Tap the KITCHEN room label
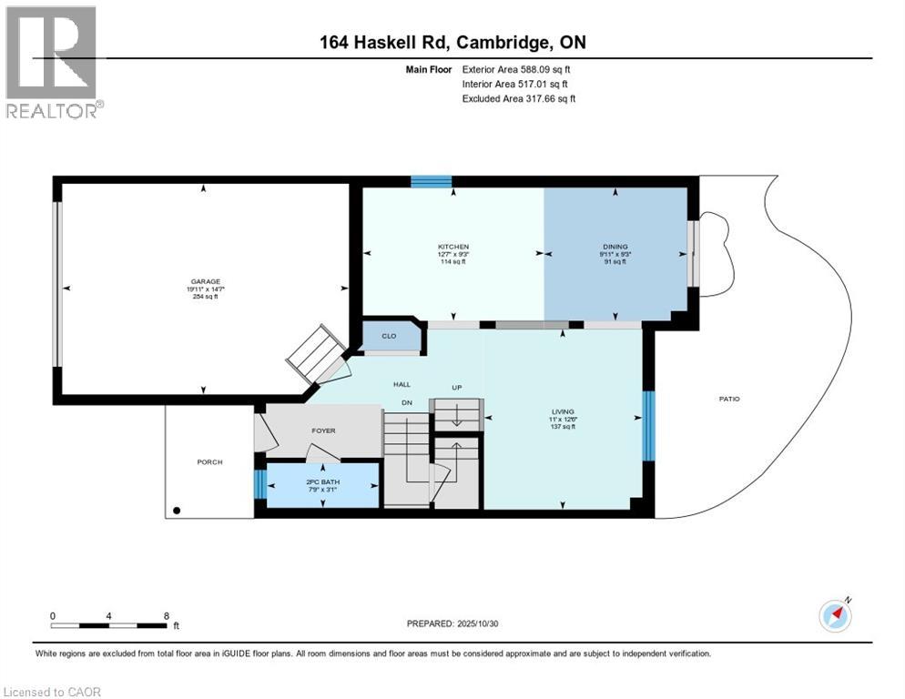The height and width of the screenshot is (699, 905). tap(453, 247)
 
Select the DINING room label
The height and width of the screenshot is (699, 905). tap(615, 247)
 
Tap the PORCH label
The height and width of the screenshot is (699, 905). tap(209, 461)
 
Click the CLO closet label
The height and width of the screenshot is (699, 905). tap(389, 336)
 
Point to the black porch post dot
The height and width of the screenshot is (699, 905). tap(177, 512)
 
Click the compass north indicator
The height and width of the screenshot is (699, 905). tap(836, 615)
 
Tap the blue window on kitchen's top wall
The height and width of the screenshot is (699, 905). tap(431, 181)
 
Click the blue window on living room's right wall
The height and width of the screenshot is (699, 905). tap(649, 426)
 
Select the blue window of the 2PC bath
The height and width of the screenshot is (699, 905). tap(260, 484)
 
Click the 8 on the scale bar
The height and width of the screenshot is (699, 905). tap(166, 616)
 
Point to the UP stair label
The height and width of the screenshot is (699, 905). tap(457, 388)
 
